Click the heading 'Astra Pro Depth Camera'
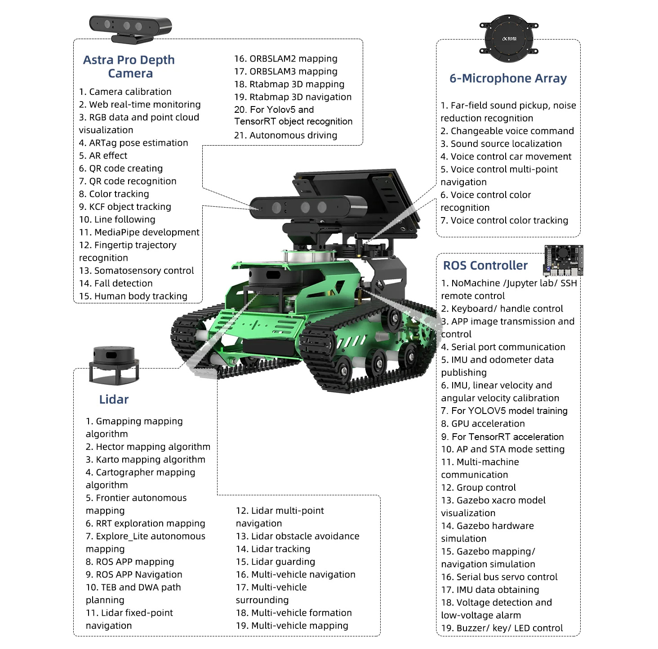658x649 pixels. [x=129, y=67]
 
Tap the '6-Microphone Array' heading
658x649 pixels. [x=508, y=78]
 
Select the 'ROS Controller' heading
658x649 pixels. [x=485, y=265]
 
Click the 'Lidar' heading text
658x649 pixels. [x=114, y=399]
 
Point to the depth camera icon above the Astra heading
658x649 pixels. [x=131, y=28]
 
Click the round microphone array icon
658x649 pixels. [x=509, y=38]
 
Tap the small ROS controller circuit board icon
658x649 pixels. [x=564, y=260]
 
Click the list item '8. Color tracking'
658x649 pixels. [x=114, y=194]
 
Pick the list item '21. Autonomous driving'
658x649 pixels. [x=285, y=135]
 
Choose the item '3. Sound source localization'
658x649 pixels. [x=501, y=144]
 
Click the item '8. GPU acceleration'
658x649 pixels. [x=483, y=424]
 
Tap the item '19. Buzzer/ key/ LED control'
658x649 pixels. [x=502, y=628]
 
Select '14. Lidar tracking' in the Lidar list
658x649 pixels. [x=273, y=549]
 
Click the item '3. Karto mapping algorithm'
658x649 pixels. [x=145, y=460]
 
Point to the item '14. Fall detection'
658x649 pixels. [x=116, y=284]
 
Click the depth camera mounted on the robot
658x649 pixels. [x=307, y=208]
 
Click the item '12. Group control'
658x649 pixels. [x=478, y=488]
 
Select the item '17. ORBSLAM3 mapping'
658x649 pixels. [x=285, y=71]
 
